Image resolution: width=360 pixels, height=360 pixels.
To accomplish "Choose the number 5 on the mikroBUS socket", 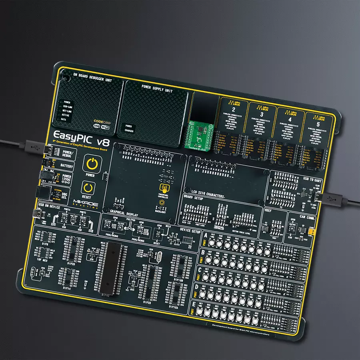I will [x=319, y=124].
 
